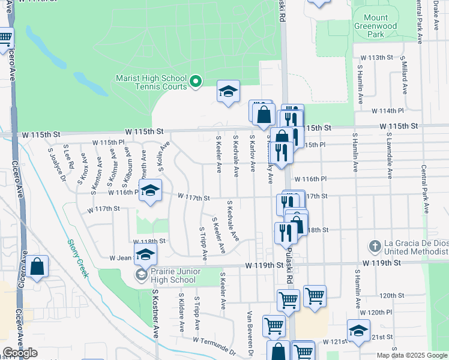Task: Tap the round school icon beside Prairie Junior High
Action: pos(141,275)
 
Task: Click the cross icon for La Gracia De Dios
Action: pos(374,246)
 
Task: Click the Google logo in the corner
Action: pos(20,353)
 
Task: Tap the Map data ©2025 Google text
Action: pos(411,355)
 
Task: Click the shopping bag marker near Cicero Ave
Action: pos(37,268)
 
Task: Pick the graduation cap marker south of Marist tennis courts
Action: pos(228,92)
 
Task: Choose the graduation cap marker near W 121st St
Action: pos(358,331)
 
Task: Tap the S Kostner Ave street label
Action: pos(155,313)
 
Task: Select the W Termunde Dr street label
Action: pos(214,344)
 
